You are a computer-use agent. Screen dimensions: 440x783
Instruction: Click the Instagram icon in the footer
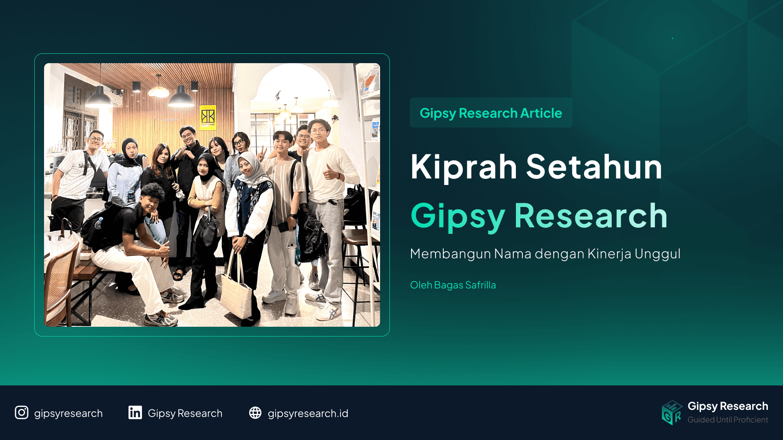pos(22,413)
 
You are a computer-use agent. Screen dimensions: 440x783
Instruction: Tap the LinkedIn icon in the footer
pos(135,413)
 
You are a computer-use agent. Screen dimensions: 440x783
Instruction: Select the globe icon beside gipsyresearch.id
pos(255,413)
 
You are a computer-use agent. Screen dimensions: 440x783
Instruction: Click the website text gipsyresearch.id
pos(308,414)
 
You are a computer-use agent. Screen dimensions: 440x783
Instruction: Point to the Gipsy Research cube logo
pos(672,413)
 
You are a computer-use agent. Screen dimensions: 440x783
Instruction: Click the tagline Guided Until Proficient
pos(728,420)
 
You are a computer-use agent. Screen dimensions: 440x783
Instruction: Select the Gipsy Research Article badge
pos(491,113)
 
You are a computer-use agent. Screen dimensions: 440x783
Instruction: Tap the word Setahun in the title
pos(594,167)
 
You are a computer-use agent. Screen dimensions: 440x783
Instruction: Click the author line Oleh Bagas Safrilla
pos(453,285)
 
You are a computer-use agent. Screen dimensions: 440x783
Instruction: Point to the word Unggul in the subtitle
pos(657,254)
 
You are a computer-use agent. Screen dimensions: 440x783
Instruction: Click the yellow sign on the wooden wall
pos(208,117)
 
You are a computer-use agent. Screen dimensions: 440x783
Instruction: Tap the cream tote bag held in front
pos(237,293)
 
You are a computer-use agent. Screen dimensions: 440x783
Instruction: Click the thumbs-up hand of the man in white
pos(329,173)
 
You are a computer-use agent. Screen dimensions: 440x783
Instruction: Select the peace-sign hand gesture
pos(261,154)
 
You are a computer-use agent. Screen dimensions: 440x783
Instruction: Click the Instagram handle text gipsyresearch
pos(68,414)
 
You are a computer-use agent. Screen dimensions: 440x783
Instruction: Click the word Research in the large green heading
pos(591,216)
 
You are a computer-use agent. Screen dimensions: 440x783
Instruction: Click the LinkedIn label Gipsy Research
pos(185,414)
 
